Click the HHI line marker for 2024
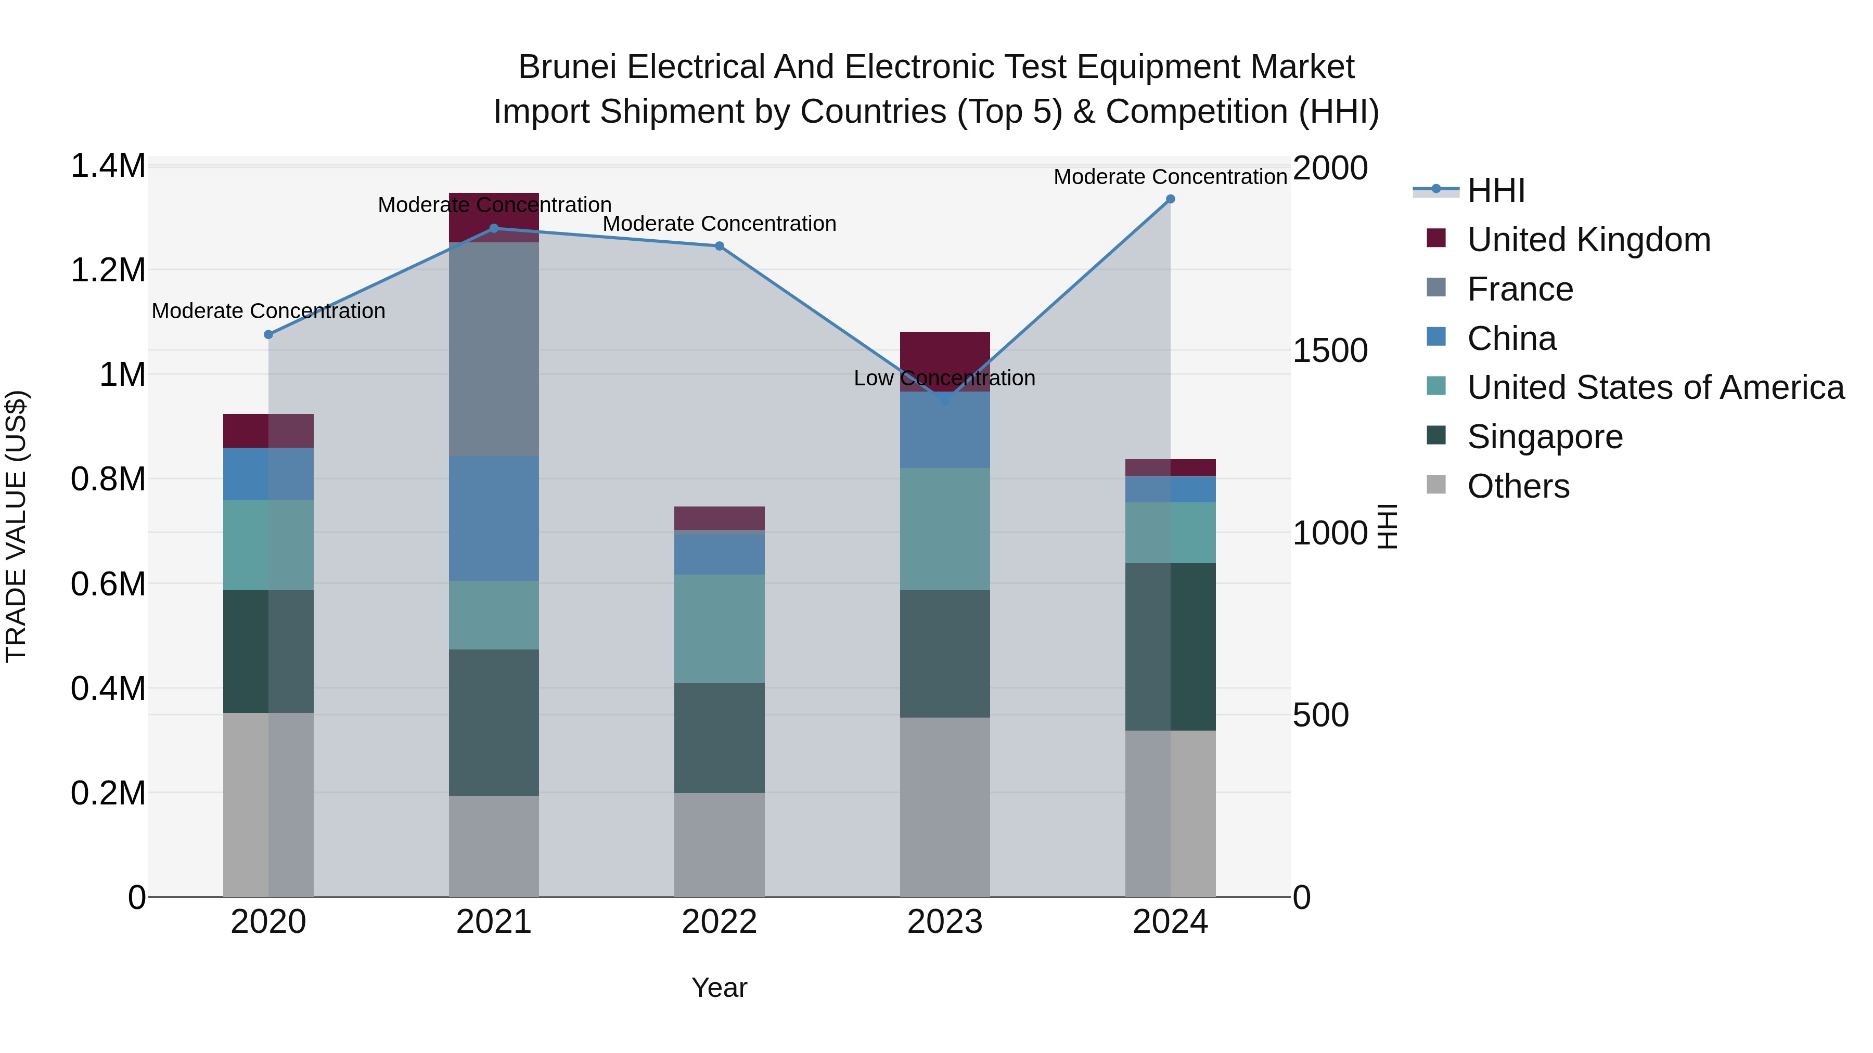[x=1170, y=199]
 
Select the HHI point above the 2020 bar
[x=268, y=334]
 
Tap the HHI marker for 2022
[x=719, y=245]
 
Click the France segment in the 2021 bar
[x=494, y=349]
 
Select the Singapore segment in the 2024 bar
[x=1170, y=647]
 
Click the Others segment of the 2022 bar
[x=719, y=844]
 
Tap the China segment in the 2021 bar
[x=494, y=518]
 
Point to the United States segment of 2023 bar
[x=944, y=529]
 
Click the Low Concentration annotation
[x=944, y=378]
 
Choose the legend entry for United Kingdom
[x=1589, y=240]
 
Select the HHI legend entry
[x=1496, y=190]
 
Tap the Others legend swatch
[x=1436, y=485]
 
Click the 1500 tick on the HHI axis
[x=1330, y=351]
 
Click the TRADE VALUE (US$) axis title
[x=16, y=526]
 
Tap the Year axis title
[x=719, y=987]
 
